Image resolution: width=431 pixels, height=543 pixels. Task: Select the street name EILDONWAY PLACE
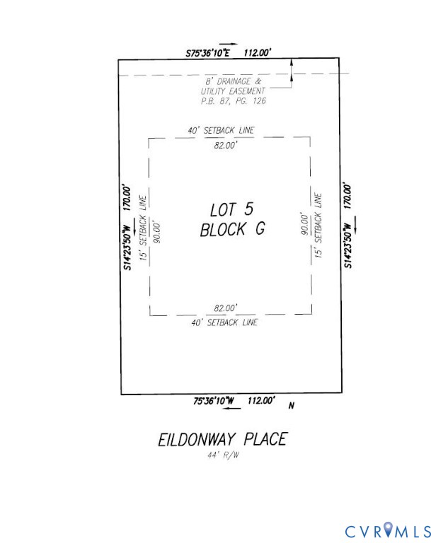[x=222, y=439]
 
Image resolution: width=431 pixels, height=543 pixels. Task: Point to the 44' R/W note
[x=223, y=454]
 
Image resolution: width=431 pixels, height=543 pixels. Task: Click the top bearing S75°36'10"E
[x=208, y=52]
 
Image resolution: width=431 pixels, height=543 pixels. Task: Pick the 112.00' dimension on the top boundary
[x=258, y=52]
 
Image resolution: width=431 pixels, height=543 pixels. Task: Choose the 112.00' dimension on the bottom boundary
[x=260, y=401]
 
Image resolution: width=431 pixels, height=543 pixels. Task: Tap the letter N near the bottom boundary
[x=291, y=406]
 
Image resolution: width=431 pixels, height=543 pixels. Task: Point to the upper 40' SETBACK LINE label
[x=221, y=130]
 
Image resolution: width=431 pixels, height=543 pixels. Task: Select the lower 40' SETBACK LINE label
[x=224, y=322]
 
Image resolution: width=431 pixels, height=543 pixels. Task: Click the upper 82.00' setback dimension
[x=224, y=145]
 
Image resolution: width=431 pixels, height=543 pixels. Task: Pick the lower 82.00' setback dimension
[x=225, y=308]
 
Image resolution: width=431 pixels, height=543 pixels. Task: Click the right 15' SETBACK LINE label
[x=318, y=224]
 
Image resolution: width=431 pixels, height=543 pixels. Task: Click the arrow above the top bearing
[x=228, y=44]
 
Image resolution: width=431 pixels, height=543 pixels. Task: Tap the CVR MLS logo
[x=388, y=530]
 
